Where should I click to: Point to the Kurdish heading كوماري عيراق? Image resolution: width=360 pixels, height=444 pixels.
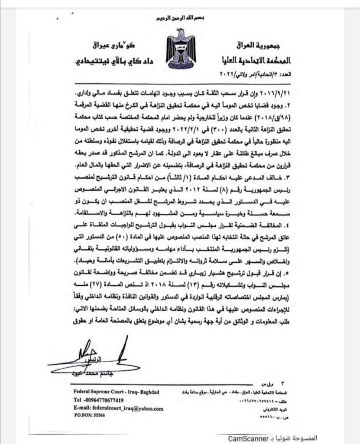pos(93,45)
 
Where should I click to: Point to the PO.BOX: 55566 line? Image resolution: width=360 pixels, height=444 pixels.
pos(89,415)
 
